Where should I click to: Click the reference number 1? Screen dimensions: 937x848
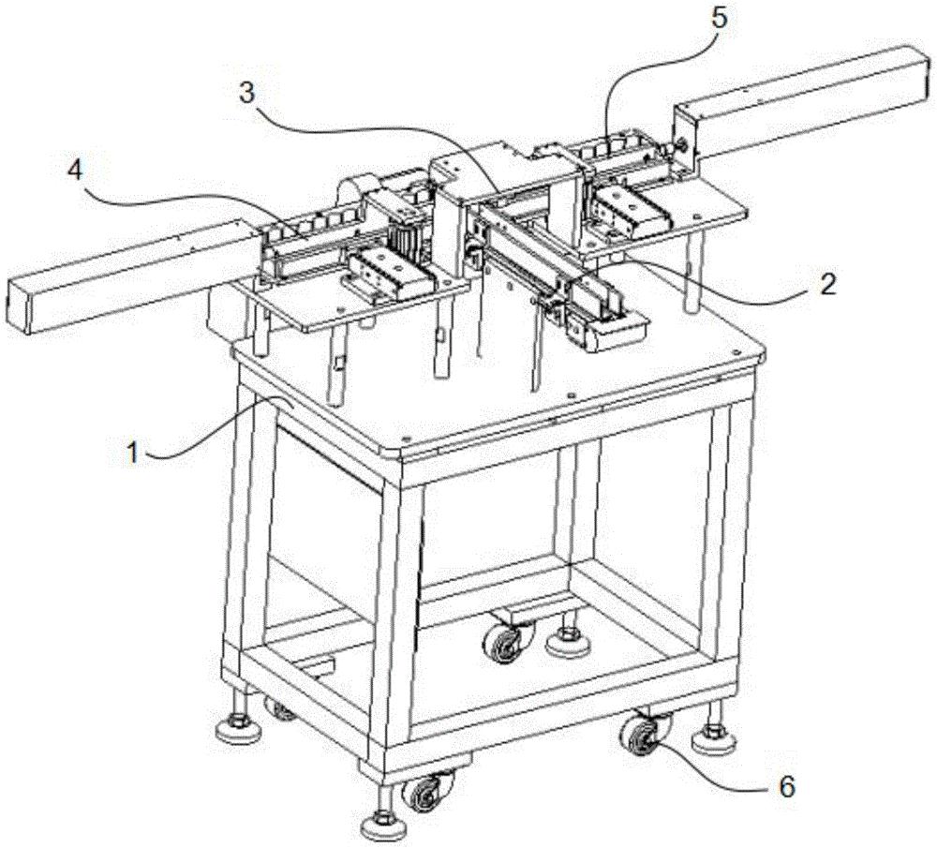[133, 453]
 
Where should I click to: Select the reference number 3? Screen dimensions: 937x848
[246, 93]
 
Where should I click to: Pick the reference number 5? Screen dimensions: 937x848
[720, 19]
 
